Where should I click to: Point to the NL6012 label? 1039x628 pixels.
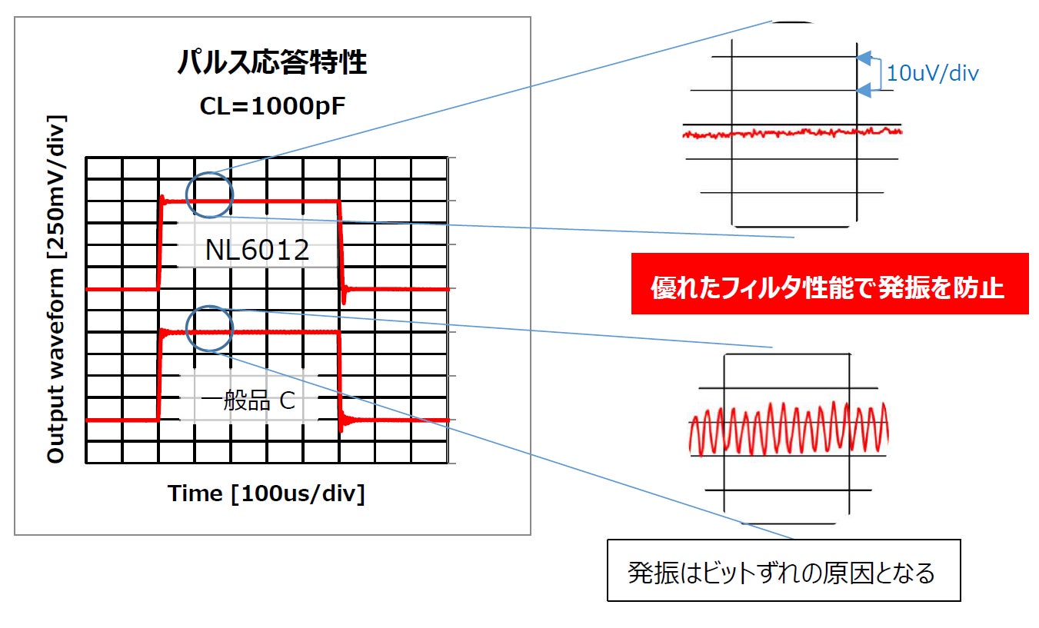tap(258, 250)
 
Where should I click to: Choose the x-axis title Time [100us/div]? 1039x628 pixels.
tap(267, 493)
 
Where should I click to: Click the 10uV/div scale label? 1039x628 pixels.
tap(932, 74)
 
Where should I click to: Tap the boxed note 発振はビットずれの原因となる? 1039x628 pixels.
tap(783, 572)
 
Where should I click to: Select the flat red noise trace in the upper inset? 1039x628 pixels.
tap(792, 133)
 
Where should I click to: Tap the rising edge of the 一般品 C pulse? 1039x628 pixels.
tap(160, 377)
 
